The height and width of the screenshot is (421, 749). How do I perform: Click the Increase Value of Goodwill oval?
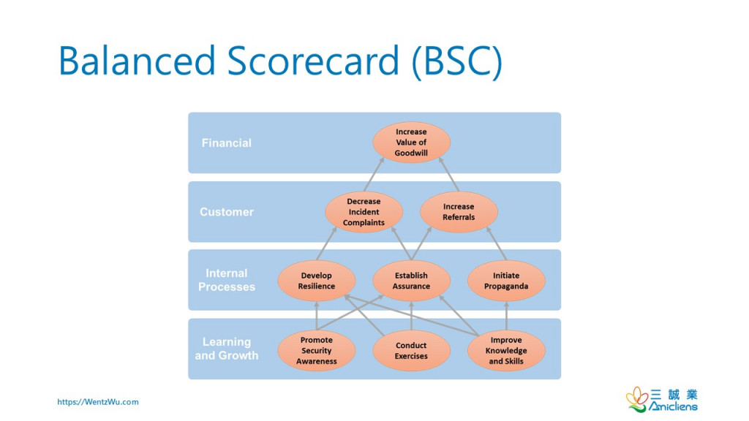(411, 143)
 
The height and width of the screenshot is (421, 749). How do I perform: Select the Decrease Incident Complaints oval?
(364, 212)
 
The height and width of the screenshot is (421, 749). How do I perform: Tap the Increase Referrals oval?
(459, 212)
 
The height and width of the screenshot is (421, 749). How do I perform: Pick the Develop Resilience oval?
(316, 281)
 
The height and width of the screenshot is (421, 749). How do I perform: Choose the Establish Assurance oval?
(411, 281)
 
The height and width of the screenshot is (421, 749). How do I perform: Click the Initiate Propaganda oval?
(506, 281)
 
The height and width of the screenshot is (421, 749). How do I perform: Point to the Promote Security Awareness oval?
(316, 350)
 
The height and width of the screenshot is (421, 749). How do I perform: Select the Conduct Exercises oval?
(411, 350)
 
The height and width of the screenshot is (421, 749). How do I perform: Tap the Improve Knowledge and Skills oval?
(506, 350)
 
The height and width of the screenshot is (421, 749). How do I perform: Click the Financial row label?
(227, 143)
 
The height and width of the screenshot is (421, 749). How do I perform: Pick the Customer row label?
(227, 212)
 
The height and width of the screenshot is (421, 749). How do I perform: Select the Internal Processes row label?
(227, 280)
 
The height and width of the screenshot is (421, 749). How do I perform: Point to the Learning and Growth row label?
(227, 349)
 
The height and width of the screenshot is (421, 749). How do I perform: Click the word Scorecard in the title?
(313, 61)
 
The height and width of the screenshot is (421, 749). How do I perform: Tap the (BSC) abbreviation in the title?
(457, 61)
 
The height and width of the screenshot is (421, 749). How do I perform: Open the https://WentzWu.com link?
(98, 402)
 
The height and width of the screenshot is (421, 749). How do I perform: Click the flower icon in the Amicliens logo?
(637, 399)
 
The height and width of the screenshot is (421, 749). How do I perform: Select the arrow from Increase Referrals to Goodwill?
(448, 174)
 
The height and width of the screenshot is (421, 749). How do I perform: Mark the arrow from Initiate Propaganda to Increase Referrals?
(497, 243)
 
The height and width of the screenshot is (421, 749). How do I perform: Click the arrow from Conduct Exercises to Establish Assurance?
(411, 316)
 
